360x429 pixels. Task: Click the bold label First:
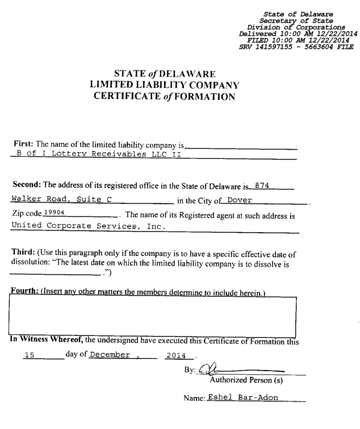pyautogui.click(x=23, y=144)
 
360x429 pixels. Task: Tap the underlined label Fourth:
pyautogui.click(x=27, y=292)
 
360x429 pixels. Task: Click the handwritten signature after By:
pyautogui.click(x=211, y=369)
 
